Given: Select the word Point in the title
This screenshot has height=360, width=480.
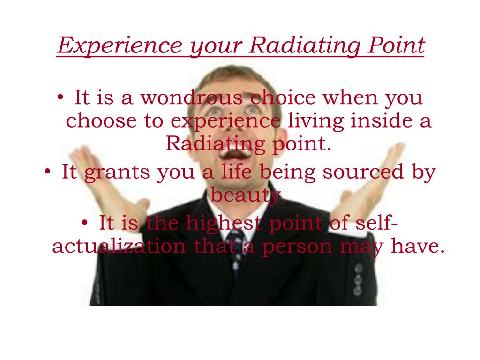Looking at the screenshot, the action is click(396, 45).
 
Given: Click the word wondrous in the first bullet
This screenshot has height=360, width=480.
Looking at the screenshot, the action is click(191, 98).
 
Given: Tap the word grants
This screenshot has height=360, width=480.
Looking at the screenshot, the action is click(117, 172).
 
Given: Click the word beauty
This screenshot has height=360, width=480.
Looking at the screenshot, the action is click(246, 195).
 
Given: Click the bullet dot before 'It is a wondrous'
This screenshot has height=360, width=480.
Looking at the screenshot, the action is click(60, 97).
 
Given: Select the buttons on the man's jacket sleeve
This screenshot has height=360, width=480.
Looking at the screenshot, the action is click(358, 279).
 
